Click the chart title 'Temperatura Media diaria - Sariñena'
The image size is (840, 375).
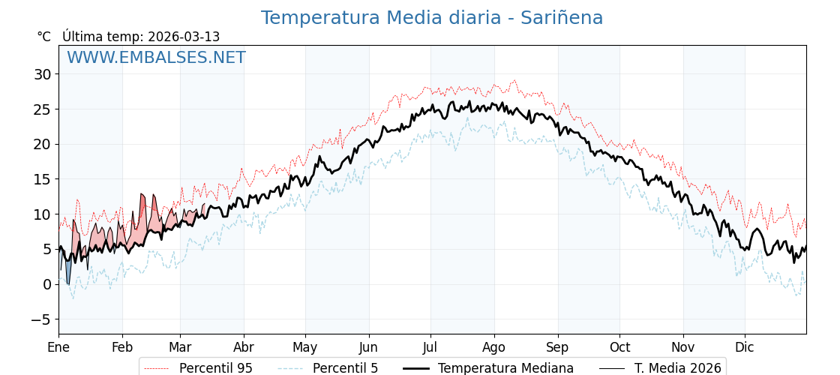pos(431,18)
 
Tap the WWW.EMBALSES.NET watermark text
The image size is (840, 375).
pos(156,58)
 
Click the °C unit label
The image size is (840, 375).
pos(43,37)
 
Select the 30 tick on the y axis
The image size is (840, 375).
pos(42,74)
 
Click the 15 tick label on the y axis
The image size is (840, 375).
pos(42,179)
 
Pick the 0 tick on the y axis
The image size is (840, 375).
pos(46,284)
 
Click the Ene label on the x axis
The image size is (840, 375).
pos(58,347)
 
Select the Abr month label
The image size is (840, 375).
pos(244,347)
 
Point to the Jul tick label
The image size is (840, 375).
pos(430,347)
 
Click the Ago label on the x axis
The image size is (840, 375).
pos(494,347)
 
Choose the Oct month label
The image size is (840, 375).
pos(620,347)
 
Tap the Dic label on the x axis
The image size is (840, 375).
pos(745,347)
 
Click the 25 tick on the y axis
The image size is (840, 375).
pos(42,109)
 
